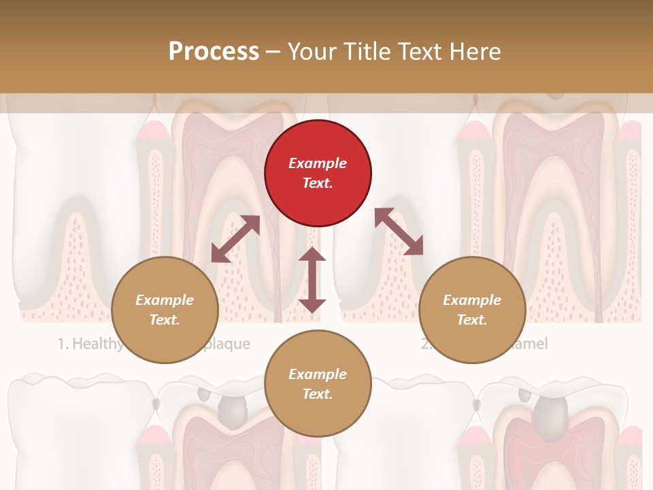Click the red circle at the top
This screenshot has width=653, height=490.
[318, 174]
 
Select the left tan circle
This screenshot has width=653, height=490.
[165, 310]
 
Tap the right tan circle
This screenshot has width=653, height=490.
[472, 310]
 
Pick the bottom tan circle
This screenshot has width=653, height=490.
[318, 385]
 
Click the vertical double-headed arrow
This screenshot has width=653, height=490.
[312, 280]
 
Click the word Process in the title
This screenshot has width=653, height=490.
[214, 51]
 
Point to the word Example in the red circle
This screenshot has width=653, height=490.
[318, 163]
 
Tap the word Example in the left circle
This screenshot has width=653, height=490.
[165, 300]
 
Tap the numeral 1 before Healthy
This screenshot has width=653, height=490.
[61, 344]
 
